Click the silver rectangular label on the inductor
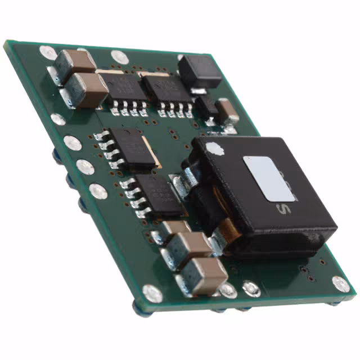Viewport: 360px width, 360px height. (x=269, y=178)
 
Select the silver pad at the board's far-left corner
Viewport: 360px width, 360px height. (x=48, y=52)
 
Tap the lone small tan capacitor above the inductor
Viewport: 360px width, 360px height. (x=227, y=110)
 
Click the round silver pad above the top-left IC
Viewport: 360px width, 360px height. (x=119, y=57)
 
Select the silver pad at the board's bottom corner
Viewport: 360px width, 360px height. (x=152, y=293)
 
